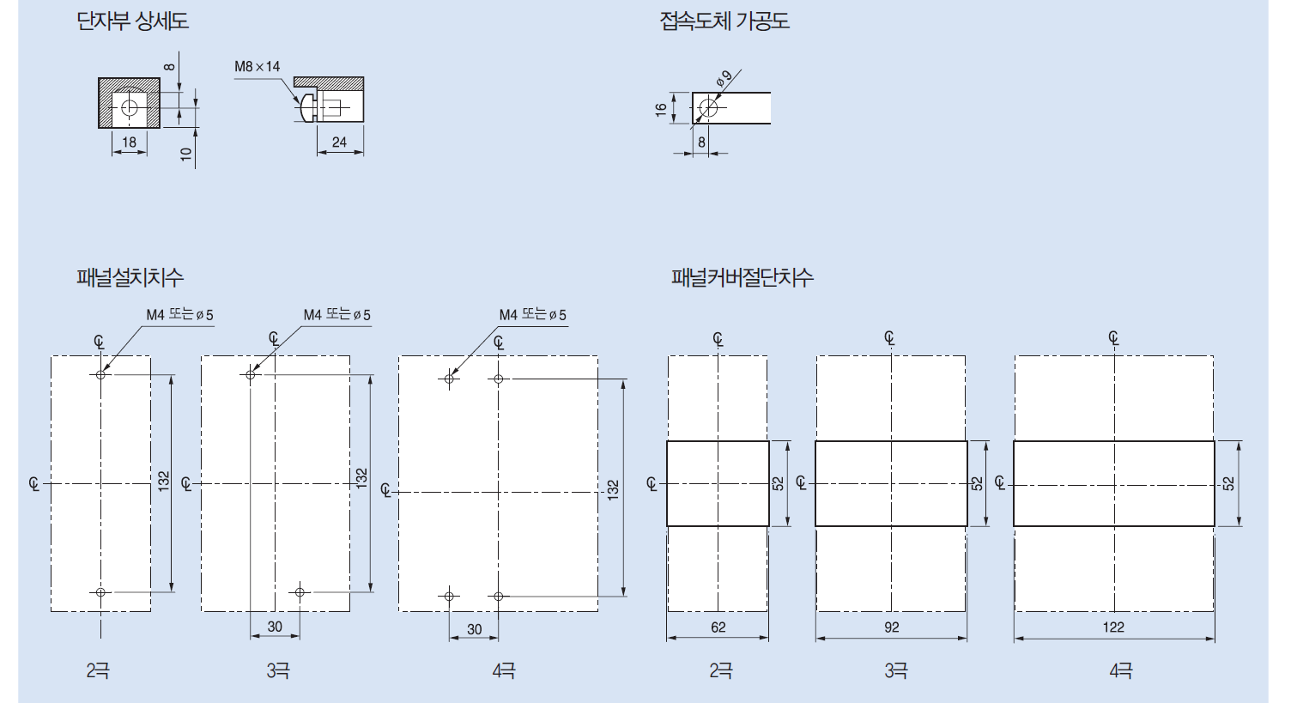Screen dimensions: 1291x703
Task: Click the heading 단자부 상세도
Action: (x=132, y=21)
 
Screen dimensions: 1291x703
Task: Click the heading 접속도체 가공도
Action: (x=724, y=21)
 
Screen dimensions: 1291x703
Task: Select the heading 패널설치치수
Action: (x=130, y=277)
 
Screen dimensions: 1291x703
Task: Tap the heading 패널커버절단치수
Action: (x=742, y=277)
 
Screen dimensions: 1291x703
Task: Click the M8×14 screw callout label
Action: (x=257, y=66)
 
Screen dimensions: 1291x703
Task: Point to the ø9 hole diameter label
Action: (x=724, y=78)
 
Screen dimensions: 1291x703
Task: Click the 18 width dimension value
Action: (x=129, y=142)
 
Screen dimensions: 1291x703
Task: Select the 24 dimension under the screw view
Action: (x=339, y=142)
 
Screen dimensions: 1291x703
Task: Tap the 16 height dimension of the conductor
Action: (x=661, y=110)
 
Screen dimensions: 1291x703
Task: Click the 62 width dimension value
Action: (x=718, y=627)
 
